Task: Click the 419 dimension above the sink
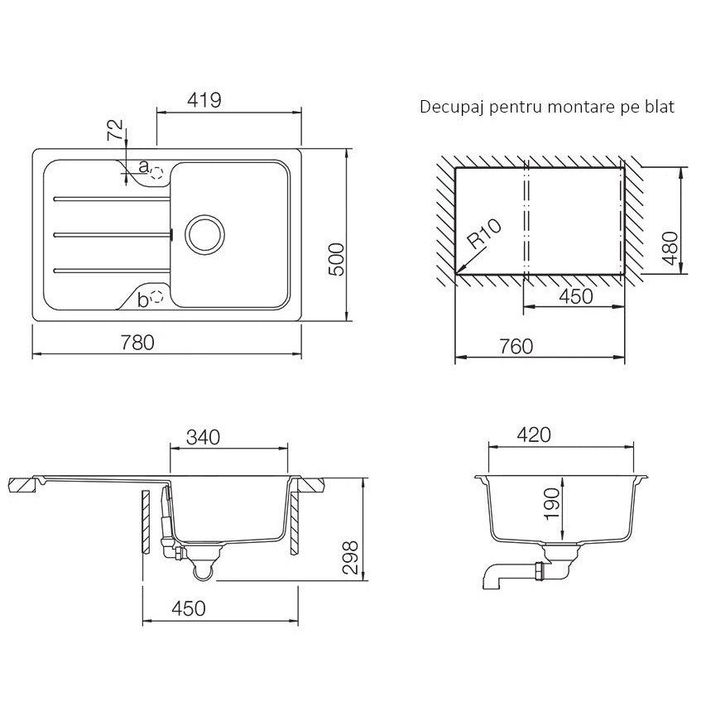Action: pyautogui.click(x=204, y=100)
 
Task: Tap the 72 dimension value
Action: pyautogui.click(x=115, y=130)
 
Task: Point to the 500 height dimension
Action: pyautogui.click(x=336, y=259)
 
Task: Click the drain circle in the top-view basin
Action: pyautogui.click(x=205, y=234)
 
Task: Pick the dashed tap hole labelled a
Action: pyautogui.click(x=156, y=173)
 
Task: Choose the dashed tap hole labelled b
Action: pyautogui.click(x=156, y=296)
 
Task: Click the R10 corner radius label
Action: pyautogui.click(x=484, y=234)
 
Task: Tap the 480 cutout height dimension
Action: pyautogui.click(x=670, y=248)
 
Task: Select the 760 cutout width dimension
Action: pyautogui.click(x=516, y=346)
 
